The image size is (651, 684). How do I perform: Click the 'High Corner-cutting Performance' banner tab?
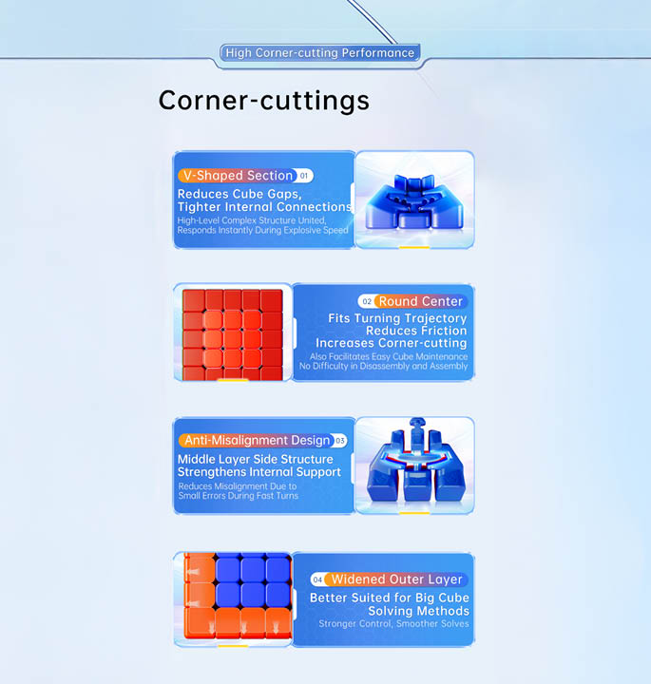[320, 53]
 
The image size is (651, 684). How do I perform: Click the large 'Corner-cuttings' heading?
[264, 101]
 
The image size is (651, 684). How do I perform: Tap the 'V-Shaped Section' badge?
[238, 176]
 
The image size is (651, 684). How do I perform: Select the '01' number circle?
[304, 176]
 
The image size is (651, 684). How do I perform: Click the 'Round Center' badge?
[420, 301]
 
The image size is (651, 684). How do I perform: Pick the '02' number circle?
[367, 301]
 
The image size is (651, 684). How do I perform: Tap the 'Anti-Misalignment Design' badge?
[257, 440]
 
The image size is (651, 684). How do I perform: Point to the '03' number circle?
[340, 441]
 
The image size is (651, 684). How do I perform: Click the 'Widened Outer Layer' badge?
[396, 579]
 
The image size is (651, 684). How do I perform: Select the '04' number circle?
[317, 579]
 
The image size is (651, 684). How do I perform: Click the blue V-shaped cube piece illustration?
[414, 200]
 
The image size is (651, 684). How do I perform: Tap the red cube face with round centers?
[233, 334]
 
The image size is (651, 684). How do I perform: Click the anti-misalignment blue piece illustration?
[415, 464]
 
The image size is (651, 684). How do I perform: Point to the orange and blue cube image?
[238, 598]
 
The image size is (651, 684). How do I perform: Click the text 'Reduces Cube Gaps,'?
[239, 194]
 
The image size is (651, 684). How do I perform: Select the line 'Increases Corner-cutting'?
[391, 343]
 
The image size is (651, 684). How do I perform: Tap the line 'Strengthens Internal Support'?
[259, 472]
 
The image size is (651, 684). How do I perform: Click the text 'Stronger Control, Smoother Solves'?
[393, 624]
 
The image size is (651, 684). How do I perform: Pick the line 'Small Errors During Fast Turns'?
[239, 496]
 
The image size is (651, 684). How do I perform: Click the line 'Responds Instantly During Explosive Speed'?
[262, 230]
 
